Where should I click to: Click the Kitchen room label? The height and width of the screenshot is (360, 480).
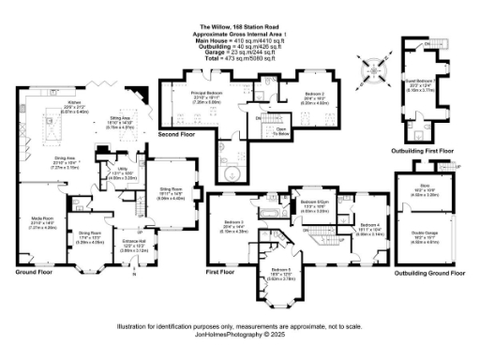coord(74,103)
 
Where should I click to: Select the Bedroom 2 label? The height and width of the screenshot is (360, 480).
coord(314,95)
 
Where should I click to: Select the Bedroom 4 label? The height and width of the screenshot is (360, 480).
coord(367,229)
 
